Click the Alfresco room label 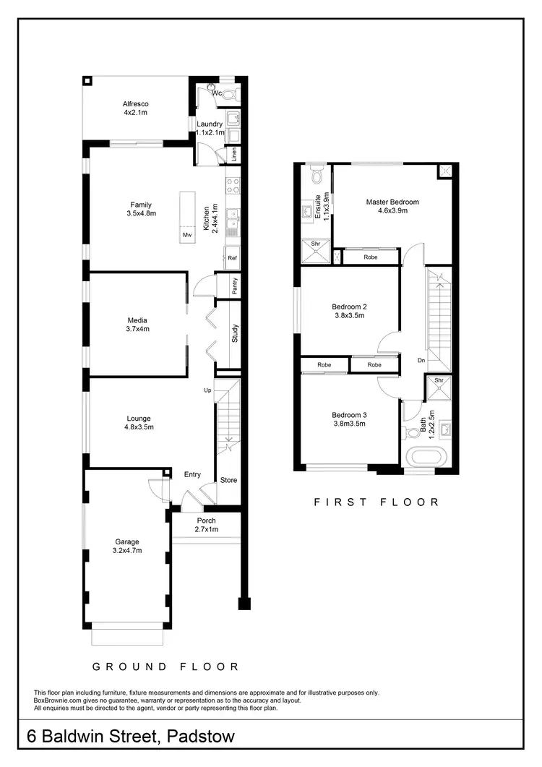135,104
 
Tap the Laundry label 210,124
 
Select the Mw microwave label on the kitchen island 187,235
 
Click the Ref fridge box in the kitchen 232,258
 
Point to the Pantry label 235,286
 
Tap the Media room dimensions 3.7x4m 137,329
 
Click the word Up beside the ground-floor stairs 207,390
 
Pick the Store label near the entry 228,480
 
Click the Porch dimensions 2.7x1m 206,530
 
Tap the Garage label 126,541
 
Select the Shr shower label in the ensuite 316,244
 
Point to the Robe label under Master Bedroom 370,257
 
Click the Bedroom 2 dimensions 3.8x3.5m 349,315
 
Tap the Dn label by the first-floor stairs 421,360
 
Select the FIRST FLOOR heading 376,502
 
